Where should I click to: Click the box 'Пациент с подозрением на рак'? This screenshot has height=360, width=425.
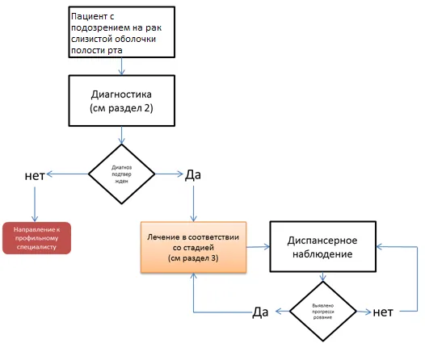click(122, 32)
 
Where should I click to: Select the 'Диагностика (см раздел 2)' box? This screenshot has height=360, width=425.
click(122, 101)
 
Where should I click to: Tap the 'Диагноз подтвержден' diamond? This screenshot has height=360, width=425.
click(122, 174)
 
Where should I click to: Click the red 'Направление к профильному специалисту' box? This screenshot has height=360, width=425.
click(37, 238)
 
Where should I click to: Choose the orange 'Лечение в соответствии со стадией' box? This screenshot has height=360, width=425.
click(194, 247)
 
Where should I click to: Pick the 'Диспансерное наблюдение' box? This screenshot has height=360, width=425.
click(323, 246)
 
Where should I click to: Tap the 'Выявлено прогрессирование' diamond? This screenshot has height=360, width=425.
click(323, 312)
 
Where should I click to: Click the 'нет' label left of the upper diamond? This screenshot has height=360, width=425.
click(35, 176)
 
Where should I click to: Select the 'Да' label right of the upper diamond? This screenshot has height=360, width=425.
click(193, 175)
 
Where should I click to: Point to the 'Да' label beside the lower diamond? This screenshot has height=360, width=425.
click(260, 312)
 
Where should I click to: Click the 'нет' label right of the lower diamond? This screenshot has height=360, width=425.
click(383, 312)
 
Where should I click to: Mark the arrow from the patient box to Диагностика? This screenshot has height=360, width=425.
click(122, 66)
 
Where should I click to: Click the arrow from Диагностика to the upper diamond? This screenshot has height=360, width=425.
click(122, 135)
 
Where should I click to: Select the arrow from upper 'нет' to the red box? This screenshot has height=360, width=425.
click(35, 204)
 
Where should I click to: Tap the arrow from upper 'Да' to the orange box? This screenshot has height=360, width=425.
click(194, 204)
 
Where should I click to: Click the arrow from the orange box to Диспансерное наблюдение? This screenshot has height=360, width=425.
click(258, 246)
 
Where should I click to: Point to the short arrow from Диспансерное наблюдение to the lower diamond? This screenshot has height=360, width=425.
click(323, 277)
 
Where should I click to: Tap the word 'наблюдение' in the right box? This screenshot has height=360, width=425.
click(322, 254)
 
